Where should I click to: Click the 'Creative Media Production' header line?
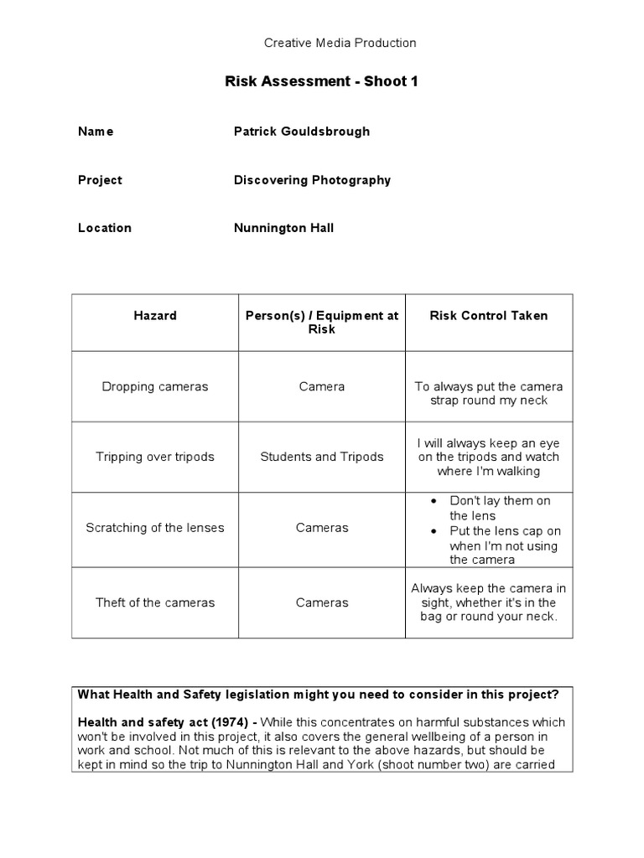[x=340, y=43]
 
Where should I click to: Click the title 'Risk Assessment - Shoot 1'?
[x=321, y=81]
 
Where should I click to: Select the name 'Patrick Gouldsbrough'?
[x=302, y=132]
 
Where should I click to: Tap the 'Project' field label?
[x=100, y=180]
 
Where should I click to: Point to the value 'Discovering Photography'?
[x=312, y=180]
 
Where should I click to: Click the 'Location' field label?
[x=105, y=228]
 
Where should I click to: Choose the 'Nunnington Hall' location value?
[x=283, y=228]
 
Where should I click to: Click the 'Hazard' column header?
[x=155, y=316]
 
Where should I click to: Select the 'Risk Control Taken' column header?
[x=489, y=316]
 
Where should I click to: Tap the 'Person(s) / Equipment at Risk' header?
[x=322, y=323]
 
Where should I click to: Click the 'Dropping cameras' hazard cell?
[x=155, y=387]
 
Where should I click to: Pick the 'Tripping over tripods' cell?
[x=155, y=457]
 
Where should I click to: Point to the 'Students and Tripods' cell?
[x=322, y=457]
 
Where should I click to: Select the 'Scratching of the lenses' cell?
[x=155, y=528]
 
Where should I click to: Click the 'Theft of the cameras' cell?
[x=155, y=602]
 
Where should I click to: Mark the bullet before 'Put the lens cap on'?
[x=434, y=531]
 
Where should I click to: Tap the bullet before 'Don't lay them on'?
[x=434, y=501]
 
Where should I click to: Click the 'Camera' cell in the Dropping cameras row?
[x=322, y=387]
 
